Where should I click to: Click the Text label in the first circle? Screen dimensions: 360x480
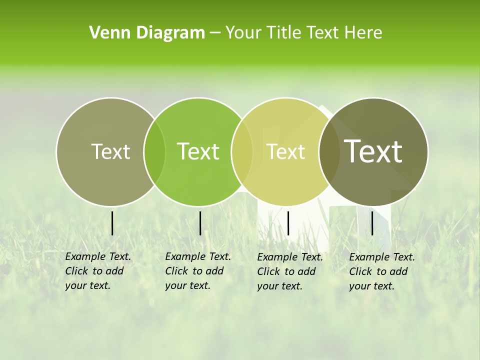point(111,151)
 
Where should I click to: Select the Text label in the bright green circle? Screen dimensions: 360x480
point(198,151)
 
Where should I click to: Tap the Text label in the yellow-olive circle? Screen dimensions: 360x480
point(286,151)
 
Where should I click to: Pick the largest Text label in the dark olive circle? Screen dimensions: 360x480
point(373,151)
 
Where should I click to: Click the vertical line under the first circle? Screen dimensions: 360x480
point(112,223)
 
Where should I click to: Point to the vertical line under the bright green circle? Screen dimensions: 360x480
point(200,223)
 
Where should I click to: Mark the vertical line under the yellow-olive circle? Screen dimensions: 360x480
point(288,223)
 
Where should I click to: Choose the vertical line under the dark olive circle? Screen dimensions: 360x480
point(372,223)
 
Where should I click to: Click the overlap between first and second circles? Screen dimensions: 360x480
point(154,151)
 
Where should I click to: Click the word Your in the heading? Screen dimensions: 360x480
point(244,33)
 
